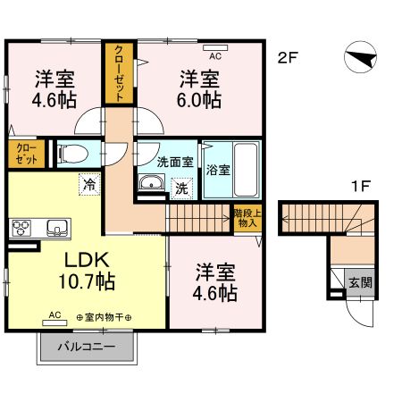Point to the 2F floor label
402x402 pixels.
[x=287, y=59]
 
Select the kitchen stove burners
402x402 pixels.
[x=21, y=227]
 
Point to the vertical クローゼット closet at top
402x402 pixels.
[x=117, y=75]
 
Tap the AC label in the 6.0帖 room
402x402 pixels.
[x=214, y=55]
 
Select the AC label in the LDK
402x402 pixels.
[x=55, y=315]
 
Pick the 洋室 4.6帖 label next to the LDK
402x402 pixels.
[x=215, y=281]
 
